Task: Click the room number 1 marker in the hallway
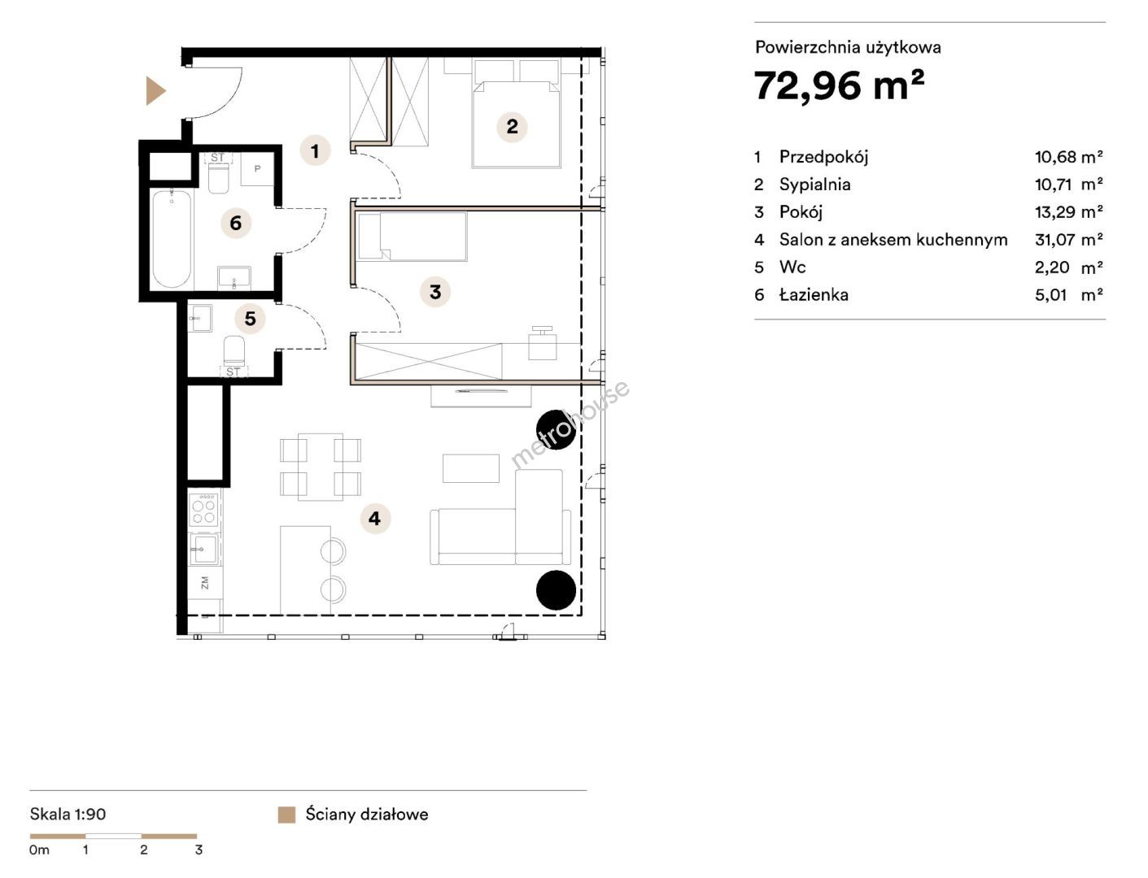pos(315,151)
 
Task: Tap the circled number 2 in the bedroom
pos(512,127)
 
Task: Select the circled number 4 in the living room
pos(375,519)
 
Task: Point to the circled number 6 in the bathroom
pos(236,223)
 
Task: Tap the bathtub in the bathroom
pos(172,239)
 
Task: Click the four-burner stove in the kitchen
pos(204,510)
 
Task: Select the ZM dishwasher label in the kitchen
pos(205,583)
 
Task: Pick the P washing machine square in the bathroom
pos(257,169)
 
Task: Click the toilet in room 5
pos(234,350)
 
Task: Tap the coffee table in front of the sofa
pos(471,468)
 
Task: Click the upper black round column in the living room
pos(556,429)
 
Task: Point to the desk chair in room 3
pos(543,343)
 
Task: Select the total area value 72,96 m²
pos(839,85)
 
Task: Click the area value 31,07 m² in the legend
pos(1069,240)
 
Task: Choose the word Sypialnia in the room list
pos(815,185)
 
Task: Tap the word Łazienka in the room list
pos(814,295)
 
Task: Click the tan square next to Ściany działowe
pos(286,815)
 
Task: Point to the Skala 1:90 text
pos(68,814)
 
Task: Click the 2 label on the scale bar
pos(144,850)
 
